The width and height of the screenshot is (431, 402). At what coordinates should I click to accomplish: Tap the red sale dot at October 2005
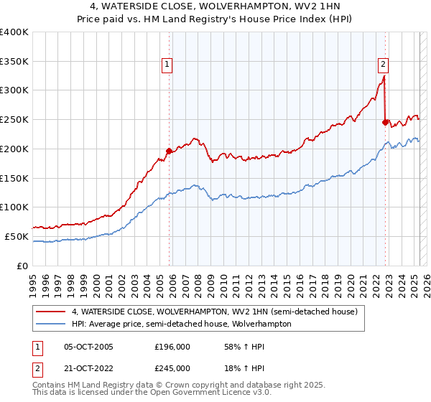pyautogui.click(x=170, y=151)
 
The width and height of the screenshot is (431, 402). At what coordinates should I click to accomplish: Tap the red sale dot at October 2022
pyautogui.click(x=386, y=123)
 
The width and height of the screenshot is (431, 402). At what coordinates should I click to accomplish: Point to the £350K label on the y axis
pyautogui.click(x=14, y=62)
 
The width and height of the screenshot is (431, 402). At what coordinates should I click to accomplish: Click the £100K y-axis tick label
pyautogui.click(x=14, y=207)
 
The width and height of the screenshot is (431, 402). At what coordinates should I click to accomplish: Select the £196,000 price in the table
pyautogui.click(x=172, y=347)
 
